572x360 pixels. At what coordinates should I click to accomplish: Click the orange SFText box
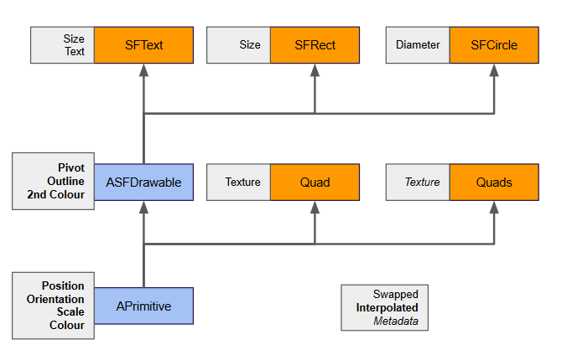pos(143,45)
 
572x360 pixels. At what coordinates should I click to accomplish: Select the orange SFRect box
pos(315,45)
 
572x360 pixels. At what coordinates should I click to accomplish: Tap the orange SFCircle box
pos(494,45)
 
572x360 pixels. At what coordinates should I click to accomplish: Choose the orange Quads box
pos(494,183)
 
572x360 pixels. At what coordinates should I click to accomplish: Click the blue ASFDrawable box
pos(143,182)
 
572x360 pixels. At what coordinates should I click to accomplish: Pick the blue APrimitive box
pos(143,306)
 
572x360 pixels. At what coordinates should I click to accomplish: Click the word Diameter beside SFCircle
pos(418,45)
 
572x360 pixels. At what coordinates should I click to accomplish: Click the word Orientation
pos(55,299)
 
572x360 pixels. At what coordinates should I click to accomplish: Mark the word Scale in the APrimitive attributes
pos(70,312)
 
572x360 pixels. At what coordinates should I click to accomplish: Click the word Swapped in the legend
pos(396,295)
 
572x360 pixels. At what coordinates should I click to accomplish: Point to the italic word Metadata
pos(395,321)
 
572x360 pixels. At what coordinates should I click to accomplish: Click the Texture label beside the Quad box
pos(242,183)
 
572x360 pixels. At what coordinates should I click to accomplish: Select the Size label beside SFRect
pos(250,45)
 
